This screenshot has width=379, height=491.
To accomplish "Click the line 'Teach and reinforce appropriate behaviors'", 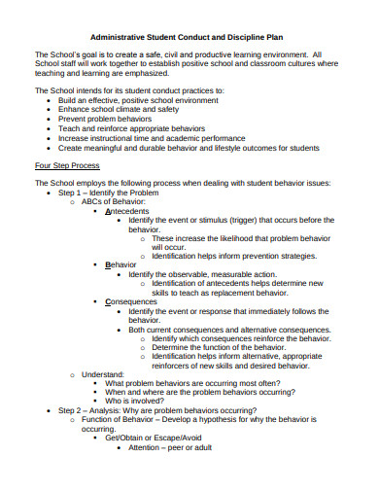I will [x=131, y=127].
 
